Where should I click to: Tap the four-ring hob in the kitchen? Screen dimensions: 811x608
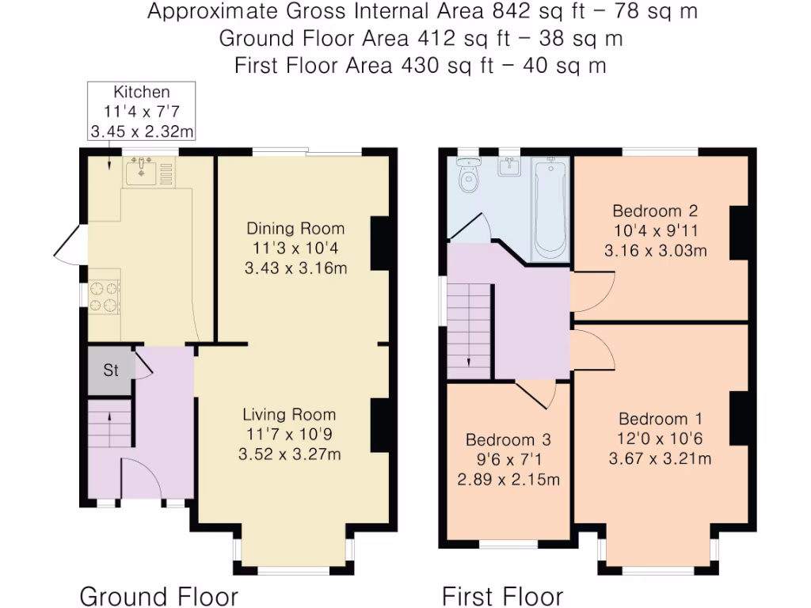(104, 297)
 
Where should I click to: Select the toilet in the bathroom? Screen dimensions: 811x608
(469, 175)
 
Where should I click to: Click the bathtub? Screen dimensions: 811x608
(550, 209)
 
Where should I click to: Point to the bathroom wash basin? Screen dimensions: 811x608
(509, 166)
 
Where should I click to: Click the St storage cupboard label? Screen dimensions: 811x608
(111, 370)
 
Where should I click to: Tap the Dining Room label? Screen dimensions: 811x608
(295, 229)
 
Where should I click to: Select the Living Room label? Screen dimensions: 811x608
(289, 415)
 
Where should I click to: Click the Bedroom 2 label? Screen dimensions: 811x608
(655, 211)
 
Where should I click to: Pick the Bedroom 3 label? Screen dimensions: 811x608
(508, 440)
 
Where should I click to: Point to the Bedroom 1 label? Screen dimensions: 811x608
(661, 419)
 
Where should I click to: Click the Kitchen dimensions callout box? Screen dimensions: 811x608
(141, 111)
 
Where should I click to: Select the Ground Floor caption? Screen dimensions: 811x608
(158, 596)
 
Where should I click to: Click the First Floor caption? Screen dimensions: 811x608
(502, 596)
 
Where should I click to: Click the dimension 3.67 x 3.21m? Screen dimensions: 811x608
(660, 458)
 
